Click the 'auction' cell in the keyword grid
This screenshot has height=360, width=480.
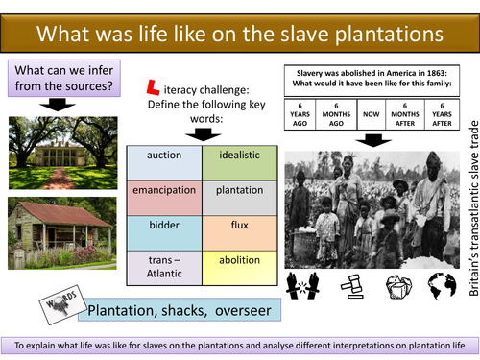(x=165, y=155)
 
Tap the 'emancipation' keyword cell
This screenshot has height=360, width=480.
(x=165, y=190)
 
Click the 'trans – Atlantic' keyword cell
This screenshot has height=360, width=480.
(x=165, y=265)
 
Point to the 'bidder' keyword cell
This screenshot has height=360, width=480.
(x=165, y=227)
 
